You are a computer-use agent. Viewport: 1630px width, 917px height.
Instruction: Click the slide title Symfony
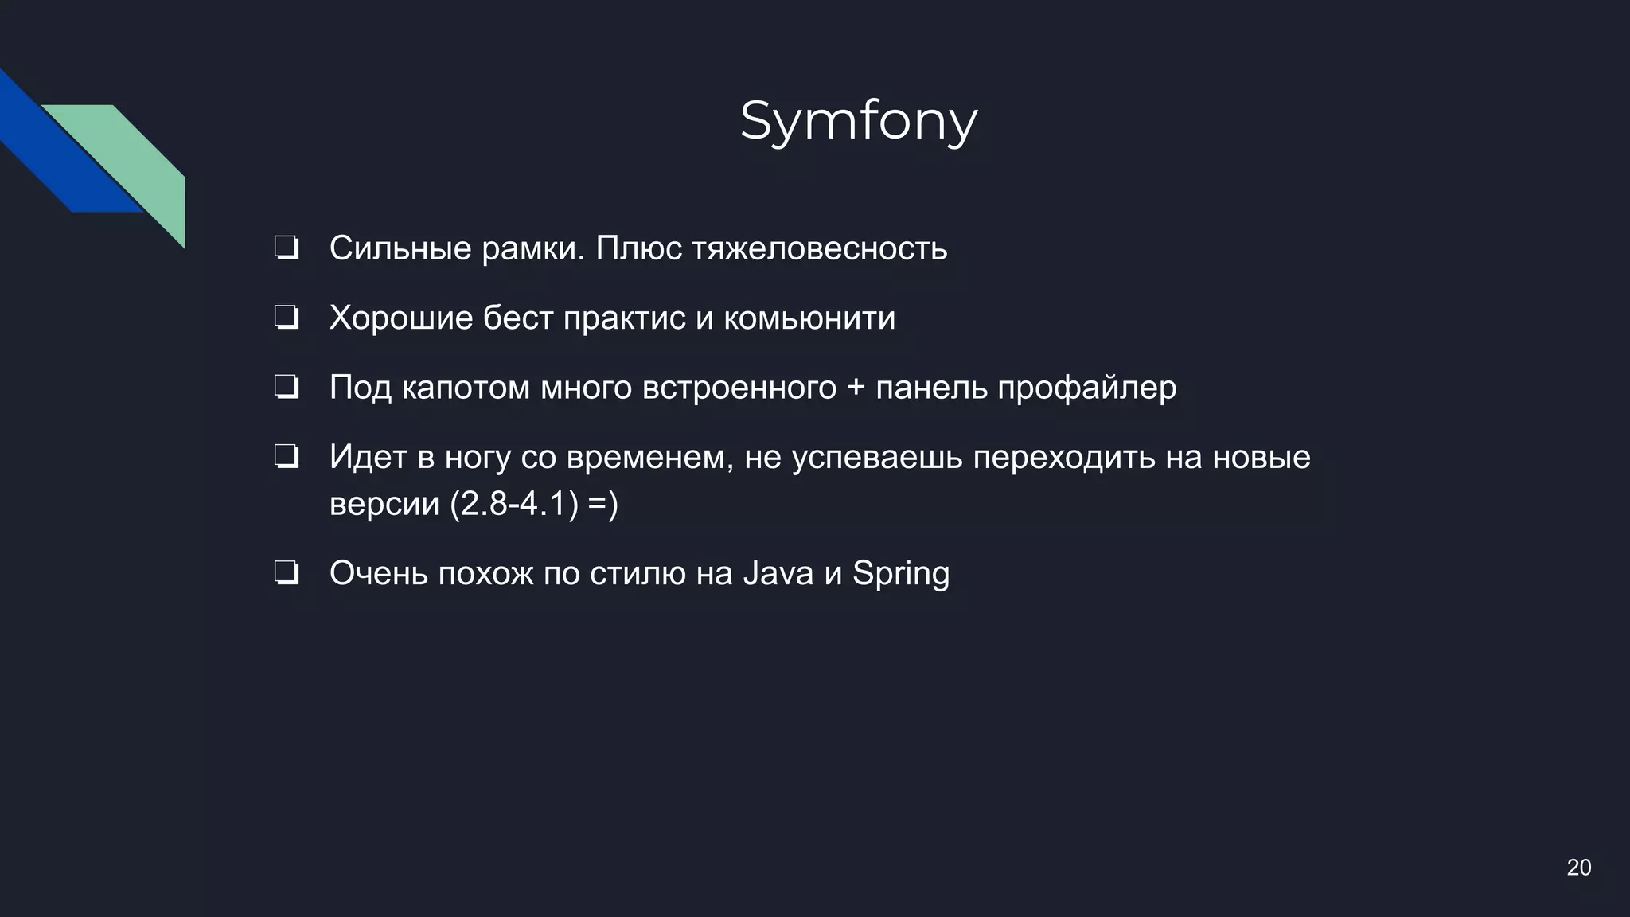point(858,122)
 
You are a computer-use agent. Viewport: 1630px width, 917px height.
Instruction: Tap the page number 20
point(1578,867)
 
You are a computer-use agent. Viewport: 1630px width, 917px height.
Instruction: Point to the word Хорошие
point(401,318)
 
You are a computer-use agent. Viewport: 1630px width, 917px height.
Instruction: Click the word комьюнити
point(809,318)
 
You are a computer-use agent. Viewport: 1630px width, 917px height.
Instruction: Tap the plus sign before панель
point(856,388)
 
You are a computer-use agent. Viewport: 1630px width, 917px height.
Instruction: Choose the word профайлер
point(1086,388)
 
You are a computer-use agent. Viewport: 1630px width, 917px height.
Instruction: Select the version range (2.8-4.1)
point(514,503)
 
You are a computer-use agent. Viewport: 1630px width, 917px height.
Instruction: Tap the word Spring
point(901,573)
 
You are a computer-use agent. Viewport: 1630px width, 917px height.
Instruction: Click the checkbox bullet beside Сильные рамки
point(286,248)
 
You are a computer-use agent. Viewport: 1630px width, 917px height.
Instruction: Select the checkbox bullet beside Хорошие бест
point(286,318)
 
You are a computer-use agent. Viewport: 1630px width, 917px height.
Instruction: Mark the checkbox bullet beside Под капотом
point(286,388)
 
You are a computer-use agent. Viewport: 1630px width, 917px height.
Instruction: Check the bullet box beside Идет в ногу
point(286,457)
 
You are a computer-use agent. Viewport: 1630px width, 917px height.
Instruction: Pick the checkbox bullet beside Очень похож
point(286,573)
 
